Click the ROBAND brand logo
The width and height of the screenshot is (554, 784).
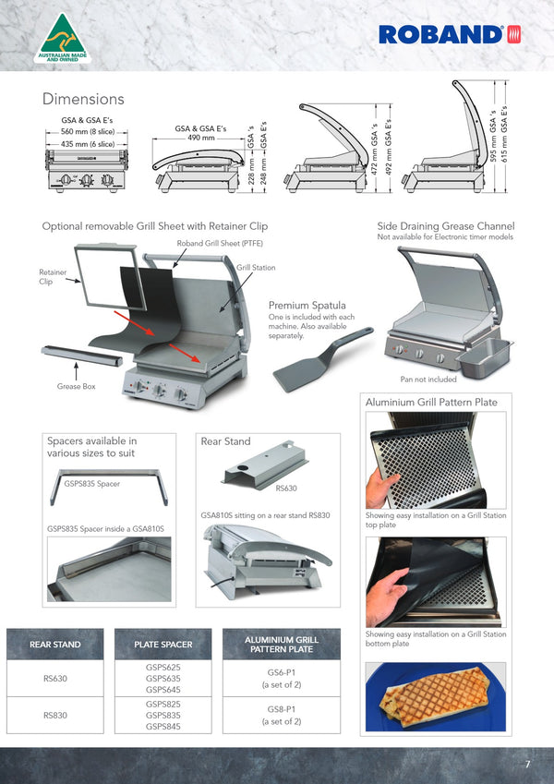[x=450, y=35]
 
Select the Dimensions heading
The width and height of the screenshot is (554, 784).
[x=83, y=99]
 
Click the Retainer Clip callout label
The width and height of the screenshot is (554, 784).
[x=52, y=277]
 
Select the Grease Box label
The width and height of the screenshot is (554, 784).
[x=76, y=386]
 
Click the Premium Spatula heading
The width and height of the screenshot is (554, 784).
[x=307, y=305]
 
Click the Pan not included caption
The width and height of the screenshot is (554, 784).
[x=428, y=380]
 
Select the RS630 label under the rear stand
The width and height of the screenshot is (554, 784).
[x=287, y=487]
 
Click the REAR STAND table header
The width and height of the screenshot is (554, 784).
[x=55, y=645]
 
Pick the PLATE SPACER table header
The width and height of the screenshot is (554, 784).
[x=163, y=645]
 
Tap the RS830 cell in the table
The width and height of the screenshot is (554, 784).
[x=55, y=715]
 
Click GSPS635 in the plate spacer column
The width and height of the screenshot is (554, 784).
[x=163, y=679]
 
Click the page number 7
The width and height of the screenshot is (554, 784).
[x=527, y=765]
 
